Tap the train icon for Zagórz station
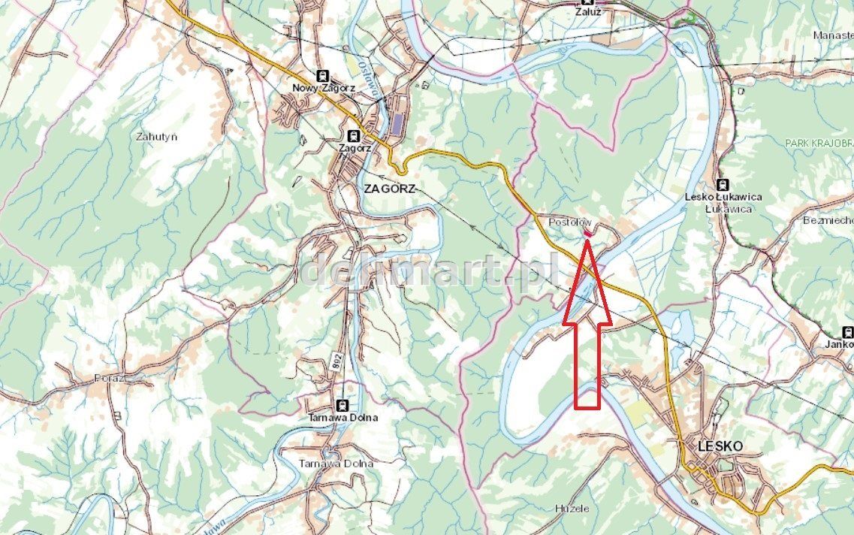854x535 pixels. [x=352, y=136]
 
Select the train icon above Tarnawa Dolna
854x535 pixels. [x=343, y=404]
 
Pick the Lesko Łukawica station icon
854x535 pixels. [x=723, y=184]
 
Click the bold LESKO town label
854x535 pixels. [x=720, y=446]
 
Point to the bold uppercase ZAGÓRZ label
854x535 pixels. [x=389, y=189]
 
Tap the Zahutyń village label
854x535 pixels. [x=157, y=137]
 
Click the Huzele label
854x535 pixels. [x=572, y=509]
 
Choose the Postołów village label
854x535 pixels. [x=571, y=223]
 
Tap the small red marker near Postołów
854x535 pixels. [x=587, y=234]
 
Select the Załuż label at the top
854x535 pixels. [x=589, y=12]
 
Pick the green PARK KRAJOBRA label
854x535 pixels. [x=819, y=143]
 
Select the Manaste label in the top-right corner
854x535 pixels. [x=833, y=35]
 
